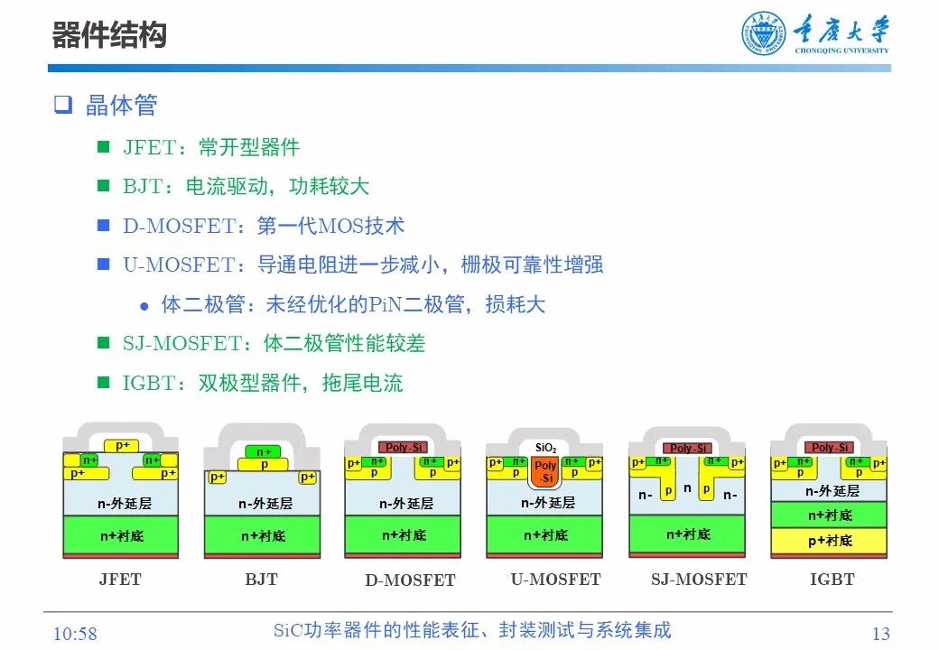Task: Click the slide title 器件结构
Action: (x=109, y=36)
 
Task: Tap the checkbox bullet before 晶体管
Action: (x=62, y=105)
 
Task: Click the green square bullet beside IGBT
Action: (x=104, y=383)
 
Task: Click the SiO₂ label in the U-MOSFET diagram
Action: (x=545, y=448)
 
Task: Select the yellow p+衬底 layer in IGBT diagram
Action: (x=829, y=540)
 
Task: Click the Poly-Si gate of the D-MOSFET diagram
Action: (x=404, y=448)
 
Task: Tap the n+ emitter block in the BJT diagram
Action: (x=263, y=451)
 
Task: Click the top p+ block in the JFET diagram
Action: (x=121, y=445)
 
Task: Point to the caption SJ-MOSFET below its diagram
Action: (x=699, y=580)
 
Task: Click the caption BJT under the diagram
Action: (x=261, y=580)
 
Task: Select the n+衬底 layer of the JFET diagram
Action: (x=121, y=535)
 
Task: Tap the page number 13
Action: (x=880, y=633)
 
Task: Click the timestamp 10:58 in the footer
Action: (x=75, y=633)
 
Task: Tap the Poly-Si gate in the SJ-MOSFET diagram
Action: (x=687, y=448)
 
